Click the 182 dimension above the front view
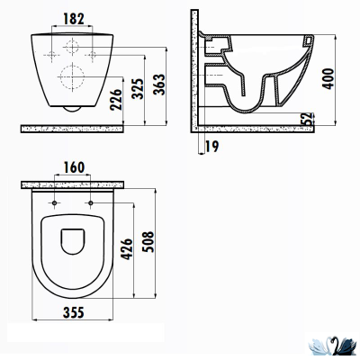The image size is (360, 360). pos(76,17)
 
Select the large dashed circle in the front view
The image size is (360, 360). pos(71,76)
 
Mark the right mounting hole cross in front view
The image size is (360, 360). pos(93,56)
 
